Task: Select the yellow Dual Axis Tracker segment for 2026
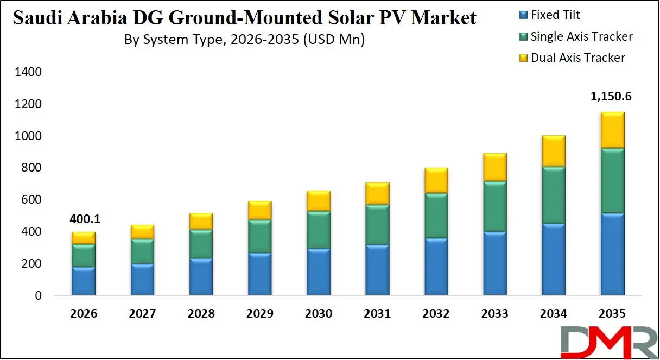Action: click(84, 238)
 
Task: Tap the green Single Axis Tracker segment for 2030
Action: click(319, 230)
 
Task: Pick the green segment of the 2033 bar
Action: click(494, 206)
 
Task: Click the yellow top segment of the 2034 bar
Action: click(553, 151)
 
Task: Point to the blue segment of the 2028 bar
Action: click(201, 276)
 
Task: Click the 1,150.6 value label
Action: click(611, 97)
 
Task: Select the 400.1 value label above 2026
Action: click(85, 219)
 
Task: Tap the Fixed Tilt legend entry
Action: click(555, 15)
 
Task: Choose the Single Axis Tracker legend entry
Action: click(581, 36)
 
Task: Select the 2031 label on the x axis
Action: click(377, 313)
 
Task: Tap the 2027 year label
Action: click(142, 313)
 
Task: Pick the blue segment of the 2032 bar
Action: click(436, 267)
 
